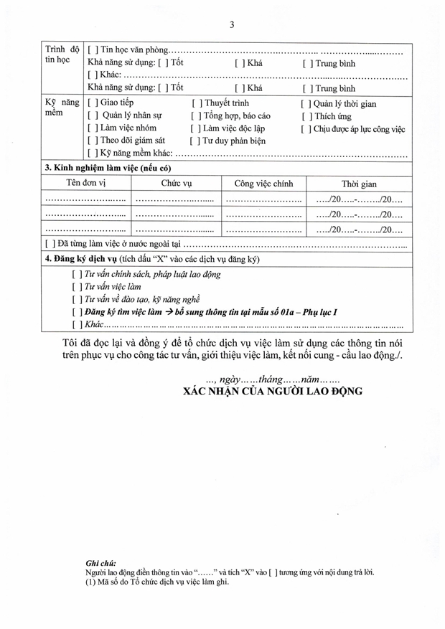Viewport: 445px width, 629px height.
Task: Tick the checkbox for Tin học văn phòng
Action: [x=91, y=50]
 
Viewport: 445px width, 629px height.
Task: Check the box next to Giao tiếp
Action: [x=91, y=103]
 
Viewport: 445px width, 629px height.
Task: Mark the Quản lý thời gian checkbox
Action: [x=306, y=104]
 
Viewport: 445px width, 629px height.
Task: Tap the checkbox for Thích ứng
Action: [x=306, y=116]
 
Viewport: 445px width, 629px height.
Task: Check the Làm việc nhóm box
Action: [x=91, y=128]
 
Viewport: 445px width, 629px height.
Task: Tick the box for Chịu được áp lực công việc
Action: [x=306, y=129]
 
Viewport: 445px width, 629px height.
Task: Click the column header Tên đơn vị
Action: [x=86, y=184]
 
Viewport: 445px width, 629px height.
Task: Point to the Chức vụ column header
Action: [x=176, y=184]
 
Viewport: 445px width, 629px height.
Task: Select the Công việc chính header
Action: [x=263, y=184]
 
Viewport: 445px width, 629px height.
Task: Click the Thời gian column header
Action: [x=359, y=184]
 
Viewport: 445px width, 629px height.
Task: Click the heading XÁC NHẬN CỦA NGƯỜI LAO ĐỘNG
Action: [x=273, y=392]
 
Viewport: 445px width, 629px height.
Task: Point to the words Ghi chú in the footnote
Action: [x=100, y=564]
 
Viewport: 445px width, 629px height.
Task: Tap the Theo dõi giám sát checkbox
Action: [x=91, y=141]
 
